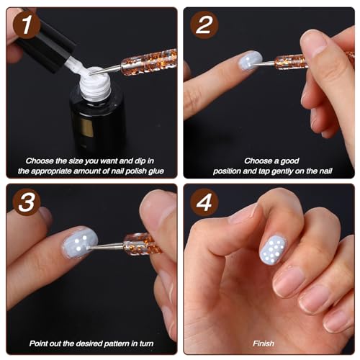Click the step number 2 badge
[204, 27]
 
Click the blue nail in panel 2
[250, 60]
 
